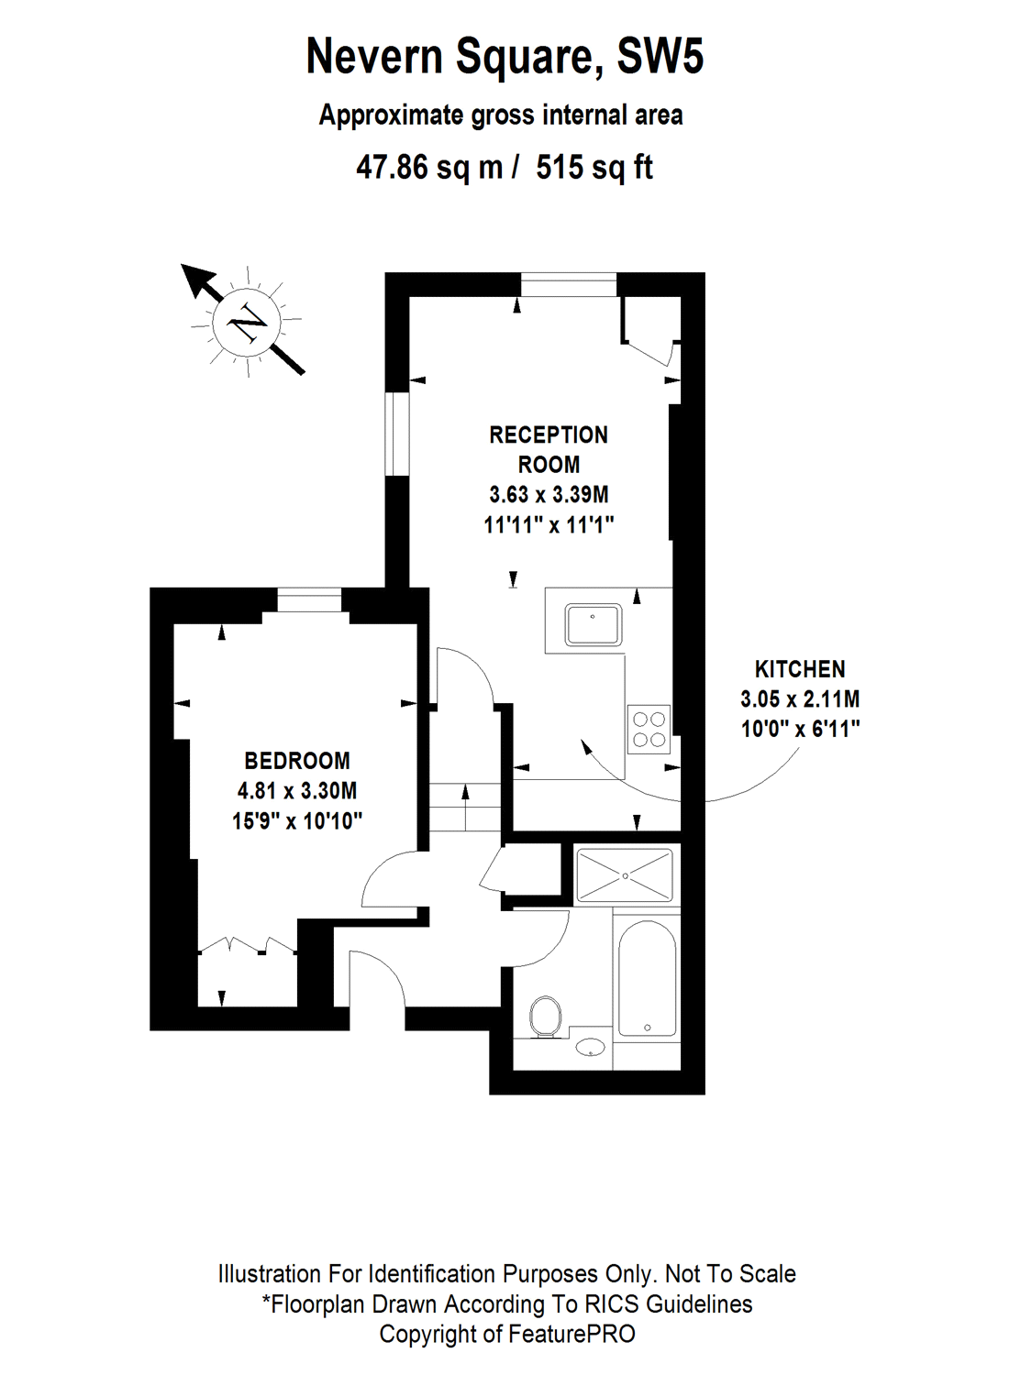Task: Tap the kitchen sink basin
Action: coord(593,625)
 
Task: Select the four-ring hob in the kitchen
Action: coord(649,730)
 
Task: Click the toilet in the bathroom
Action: coord(546,1017)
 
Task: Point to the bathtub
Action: coord(647,977)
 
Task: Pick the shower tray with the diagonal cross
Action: coord(624,875)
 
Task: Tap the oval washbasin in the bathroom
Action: coord(590,1046)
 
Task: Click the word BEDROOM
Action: coord(297,761)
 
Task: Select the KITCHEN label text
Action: coord(800,669)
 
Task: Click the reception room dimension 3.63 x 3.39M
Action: coord(549,495)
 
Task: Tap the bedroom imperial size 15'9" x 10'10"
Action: coord(297,821)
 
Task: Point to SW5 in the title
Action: coord(660,57)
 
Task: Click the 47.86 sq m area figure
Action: coord(429,168)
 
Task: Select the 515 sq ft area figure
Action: coord(594,168)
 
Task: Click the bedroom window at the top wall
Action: coord(309,600)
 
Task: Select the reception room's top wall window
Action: coord(569,285)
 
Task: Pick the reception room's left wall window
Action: coord(396,434)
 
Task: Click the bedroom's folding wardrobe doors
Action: coord(247,946)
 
